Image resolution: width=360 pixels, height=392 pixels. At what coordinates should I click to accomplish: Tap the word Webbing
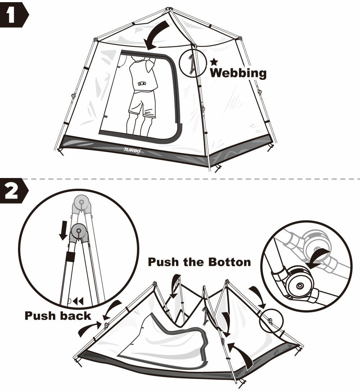click(238, 73)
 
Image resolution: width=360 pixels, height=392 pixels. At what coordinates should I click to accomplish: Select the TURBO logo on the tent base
click(132, 150)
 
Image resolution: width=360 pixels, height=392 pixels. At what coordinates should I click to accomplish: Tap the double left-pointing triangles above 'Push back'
click(78, 300)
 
